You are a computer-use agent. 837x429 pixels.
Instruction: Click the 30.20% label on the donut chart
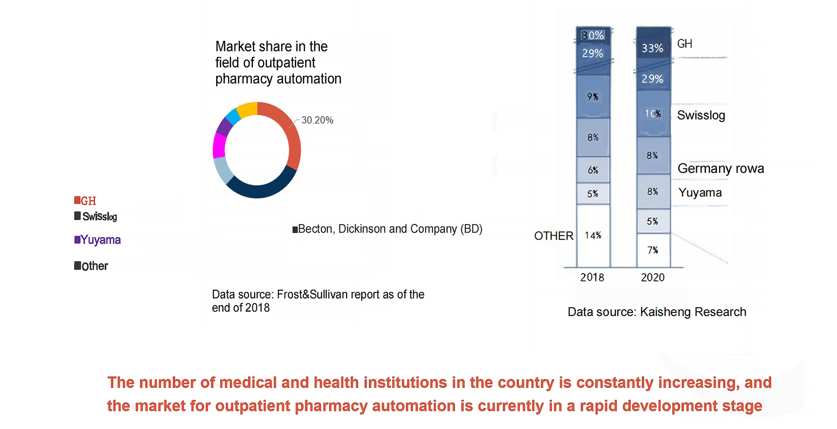pyautogui.click(x=317, y=120)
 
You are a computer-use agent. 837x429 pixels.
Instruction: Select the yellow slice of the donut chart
pyautogui.click(x=247, y=109)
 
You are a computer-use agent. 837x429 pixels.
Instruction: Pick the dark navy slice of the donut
pyautogui.click(x=262, y=185)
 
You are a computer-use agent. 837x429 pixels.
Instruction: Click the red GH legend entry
pyautogui.click(x=85, y=201)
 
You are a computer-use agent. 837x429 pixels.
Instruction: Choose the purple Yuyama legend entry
pyautogui.click(x=98, y=240)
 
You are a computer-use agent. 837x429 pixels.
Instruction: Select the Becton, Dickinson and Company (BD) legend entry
pyautogui.click(x=388, y=229)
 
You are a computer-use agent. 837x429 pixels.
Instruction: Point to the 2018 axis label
pyautogui.click(x=592, y=278)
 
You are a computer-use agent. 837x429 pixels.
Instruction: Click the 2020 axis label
pyautogui.click(x=653, y=278)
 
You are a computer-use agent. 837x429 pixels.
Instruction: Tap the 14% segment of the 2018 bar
pyautogui.click(x=593, y=236)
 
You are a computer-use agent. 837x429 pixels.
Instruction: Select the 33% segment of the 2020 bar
pyautogui.click(x=653, y=48)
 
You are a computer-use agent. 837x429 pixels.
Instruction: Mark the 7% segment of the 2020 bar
pyautogui.click(x=653, y=250)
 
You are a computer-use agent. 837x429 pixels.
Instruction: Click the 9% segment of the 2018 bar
pyautogui.click(x=593, y=96)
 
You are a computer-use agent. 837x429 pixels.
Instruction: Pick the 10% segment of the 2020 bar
pyautogui.click(x=653, y=113)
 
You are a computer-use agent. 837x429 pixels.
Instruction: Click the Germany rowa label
pyautogui.click(x=721, y=168)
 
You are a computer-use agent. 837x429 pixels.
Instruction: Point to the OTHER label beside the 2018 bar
pyautogui.click(x=554, y=236)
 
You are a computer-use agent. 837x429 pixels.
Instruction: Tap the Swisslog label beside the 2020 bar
pyautogui.click(x=701, y=115)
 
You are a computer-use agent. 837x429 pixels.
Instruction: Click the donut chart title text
pyautogui.click(x=278, y=62)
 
